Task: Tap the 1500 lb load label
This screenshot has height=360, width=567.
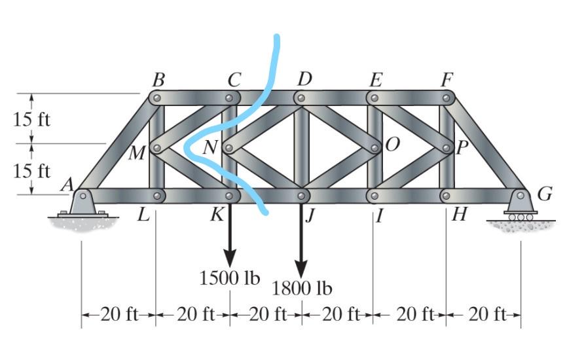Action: click(229, 278)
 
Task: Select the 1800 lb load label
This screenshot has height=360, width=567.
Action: click(302, 289)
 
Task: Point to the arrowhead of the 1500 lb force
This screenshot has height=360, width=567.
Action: click(229, 257)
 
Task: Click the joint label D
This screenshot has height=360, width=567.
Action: click(304, 81)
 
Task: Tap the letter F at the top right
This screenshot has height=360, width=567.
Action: click(448, 81)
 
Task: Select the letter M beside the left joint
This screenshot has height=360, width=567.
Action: click(137, 153)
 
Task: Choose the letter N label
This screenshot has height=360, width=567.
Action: click(210, 148)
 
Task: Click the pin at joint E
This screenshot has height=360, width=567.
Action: click(375, 98)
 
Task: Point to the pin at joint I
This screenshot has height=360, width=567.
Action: click(375, 196)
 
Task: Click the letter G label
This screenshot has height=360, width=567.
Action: click(544, 194)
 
